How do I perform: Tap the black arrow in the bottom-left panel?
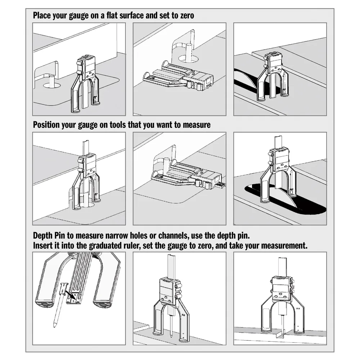click(70, 294)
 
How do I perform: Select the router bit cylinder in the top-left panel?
click(52, 81)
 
